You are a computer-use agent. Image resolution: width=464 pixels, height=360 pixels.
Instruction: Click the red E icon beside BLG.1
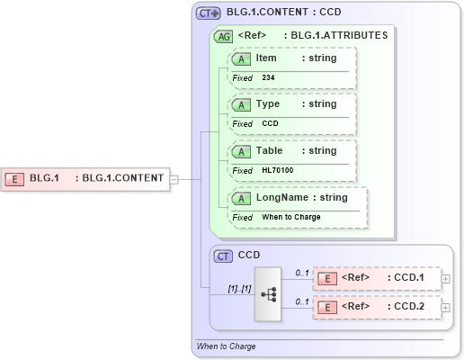[14, 178]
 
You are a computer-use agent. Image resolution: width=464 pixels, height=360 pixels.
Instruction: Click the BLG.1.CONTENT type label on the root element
[122, 178]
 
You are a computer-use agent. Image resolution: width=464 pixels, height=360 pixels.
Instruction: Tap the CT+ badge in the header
[209, 13]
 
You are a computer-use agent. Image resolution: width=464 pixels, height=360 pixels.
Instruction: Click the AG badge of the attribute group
[222, 37]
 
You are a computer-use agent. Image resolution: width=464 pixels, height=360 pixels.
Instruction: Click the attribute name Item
[266, 58]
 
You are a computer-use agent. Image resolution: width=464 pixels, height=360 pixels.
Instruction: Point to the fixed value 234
[268, 78]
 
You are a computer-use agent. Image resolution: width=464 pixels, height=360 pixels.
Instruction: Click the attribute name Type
[268, 103]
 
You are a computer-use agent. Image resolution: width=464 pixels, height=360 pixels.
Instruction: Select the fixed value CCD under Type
[270, 123]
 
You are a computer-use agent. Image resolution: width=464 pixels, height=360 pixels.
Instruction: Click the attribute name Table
[270, 150]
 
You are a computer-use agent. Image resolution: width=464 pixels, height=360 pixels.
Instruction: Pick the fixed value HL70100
[277, 170]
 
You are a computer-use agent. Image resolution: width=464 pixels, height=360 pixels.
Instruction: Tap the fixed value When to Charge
[290, 217]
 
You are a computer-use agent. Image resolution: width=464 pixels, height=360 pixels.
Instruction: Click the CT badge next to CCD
[224, 256]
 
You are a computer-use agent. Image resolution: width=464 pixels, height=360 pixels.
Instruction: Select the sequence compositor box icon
[268, 293]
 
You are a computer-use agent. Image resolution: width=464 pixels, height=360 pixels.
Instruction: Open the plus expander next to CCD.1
[446, 279]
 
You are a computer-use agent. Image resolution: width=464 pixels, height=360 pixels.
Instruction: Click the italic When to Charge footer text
[226, 346]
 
